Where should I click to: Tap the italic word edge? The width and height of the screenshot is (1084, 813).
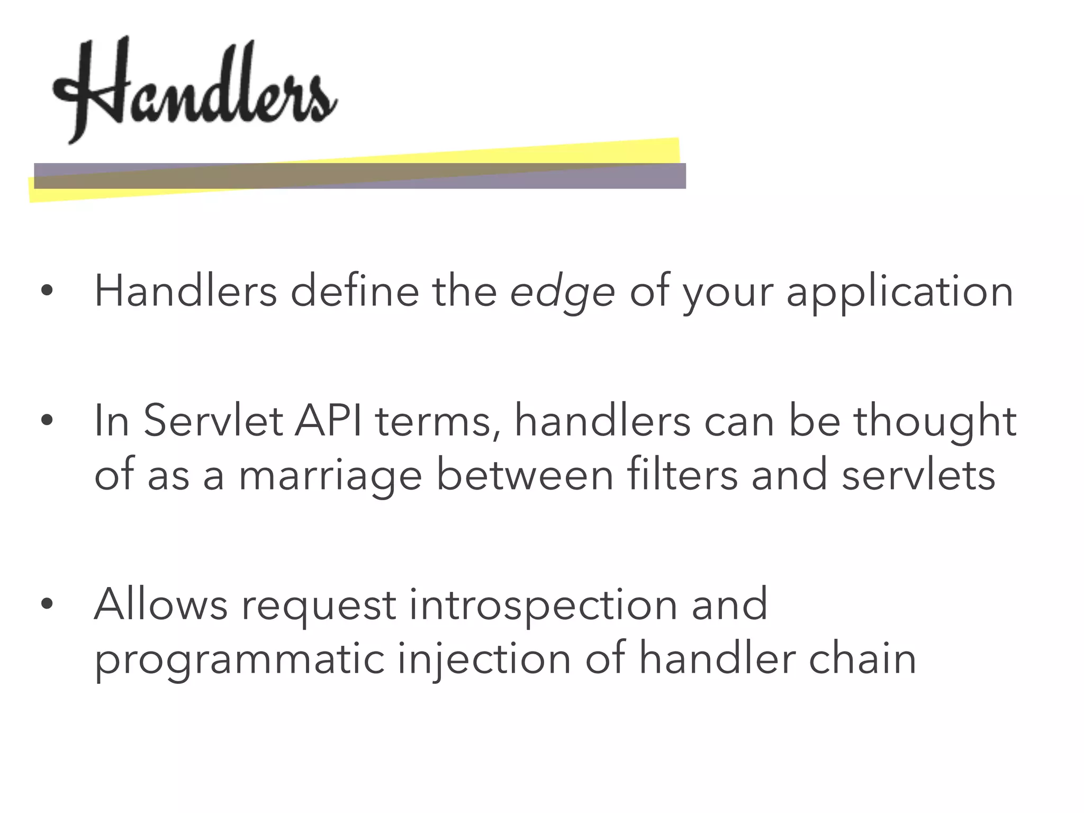coord(562,293)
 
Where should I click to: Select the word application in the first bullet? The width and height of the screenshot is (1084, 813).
coord(900,293)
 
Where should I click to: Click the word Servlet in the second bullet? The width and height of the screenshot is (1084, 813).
coord(213,421)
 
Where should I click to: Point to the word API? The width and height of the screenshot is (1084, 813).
coord(329,421)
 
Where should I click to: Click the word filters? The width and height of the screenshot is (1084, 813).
coord(682,474)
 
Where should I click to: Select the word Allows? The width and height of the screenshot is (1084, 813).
coord(161,604)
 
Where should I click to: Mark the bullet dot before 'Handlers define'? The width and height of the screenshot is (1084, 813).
coord(47,291)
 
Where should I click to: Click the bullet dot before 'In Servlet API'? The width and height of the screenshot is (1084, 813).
coord(47,420)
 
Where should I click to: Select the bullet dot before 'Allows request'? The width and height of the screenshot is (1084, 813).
coord(47,603)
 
